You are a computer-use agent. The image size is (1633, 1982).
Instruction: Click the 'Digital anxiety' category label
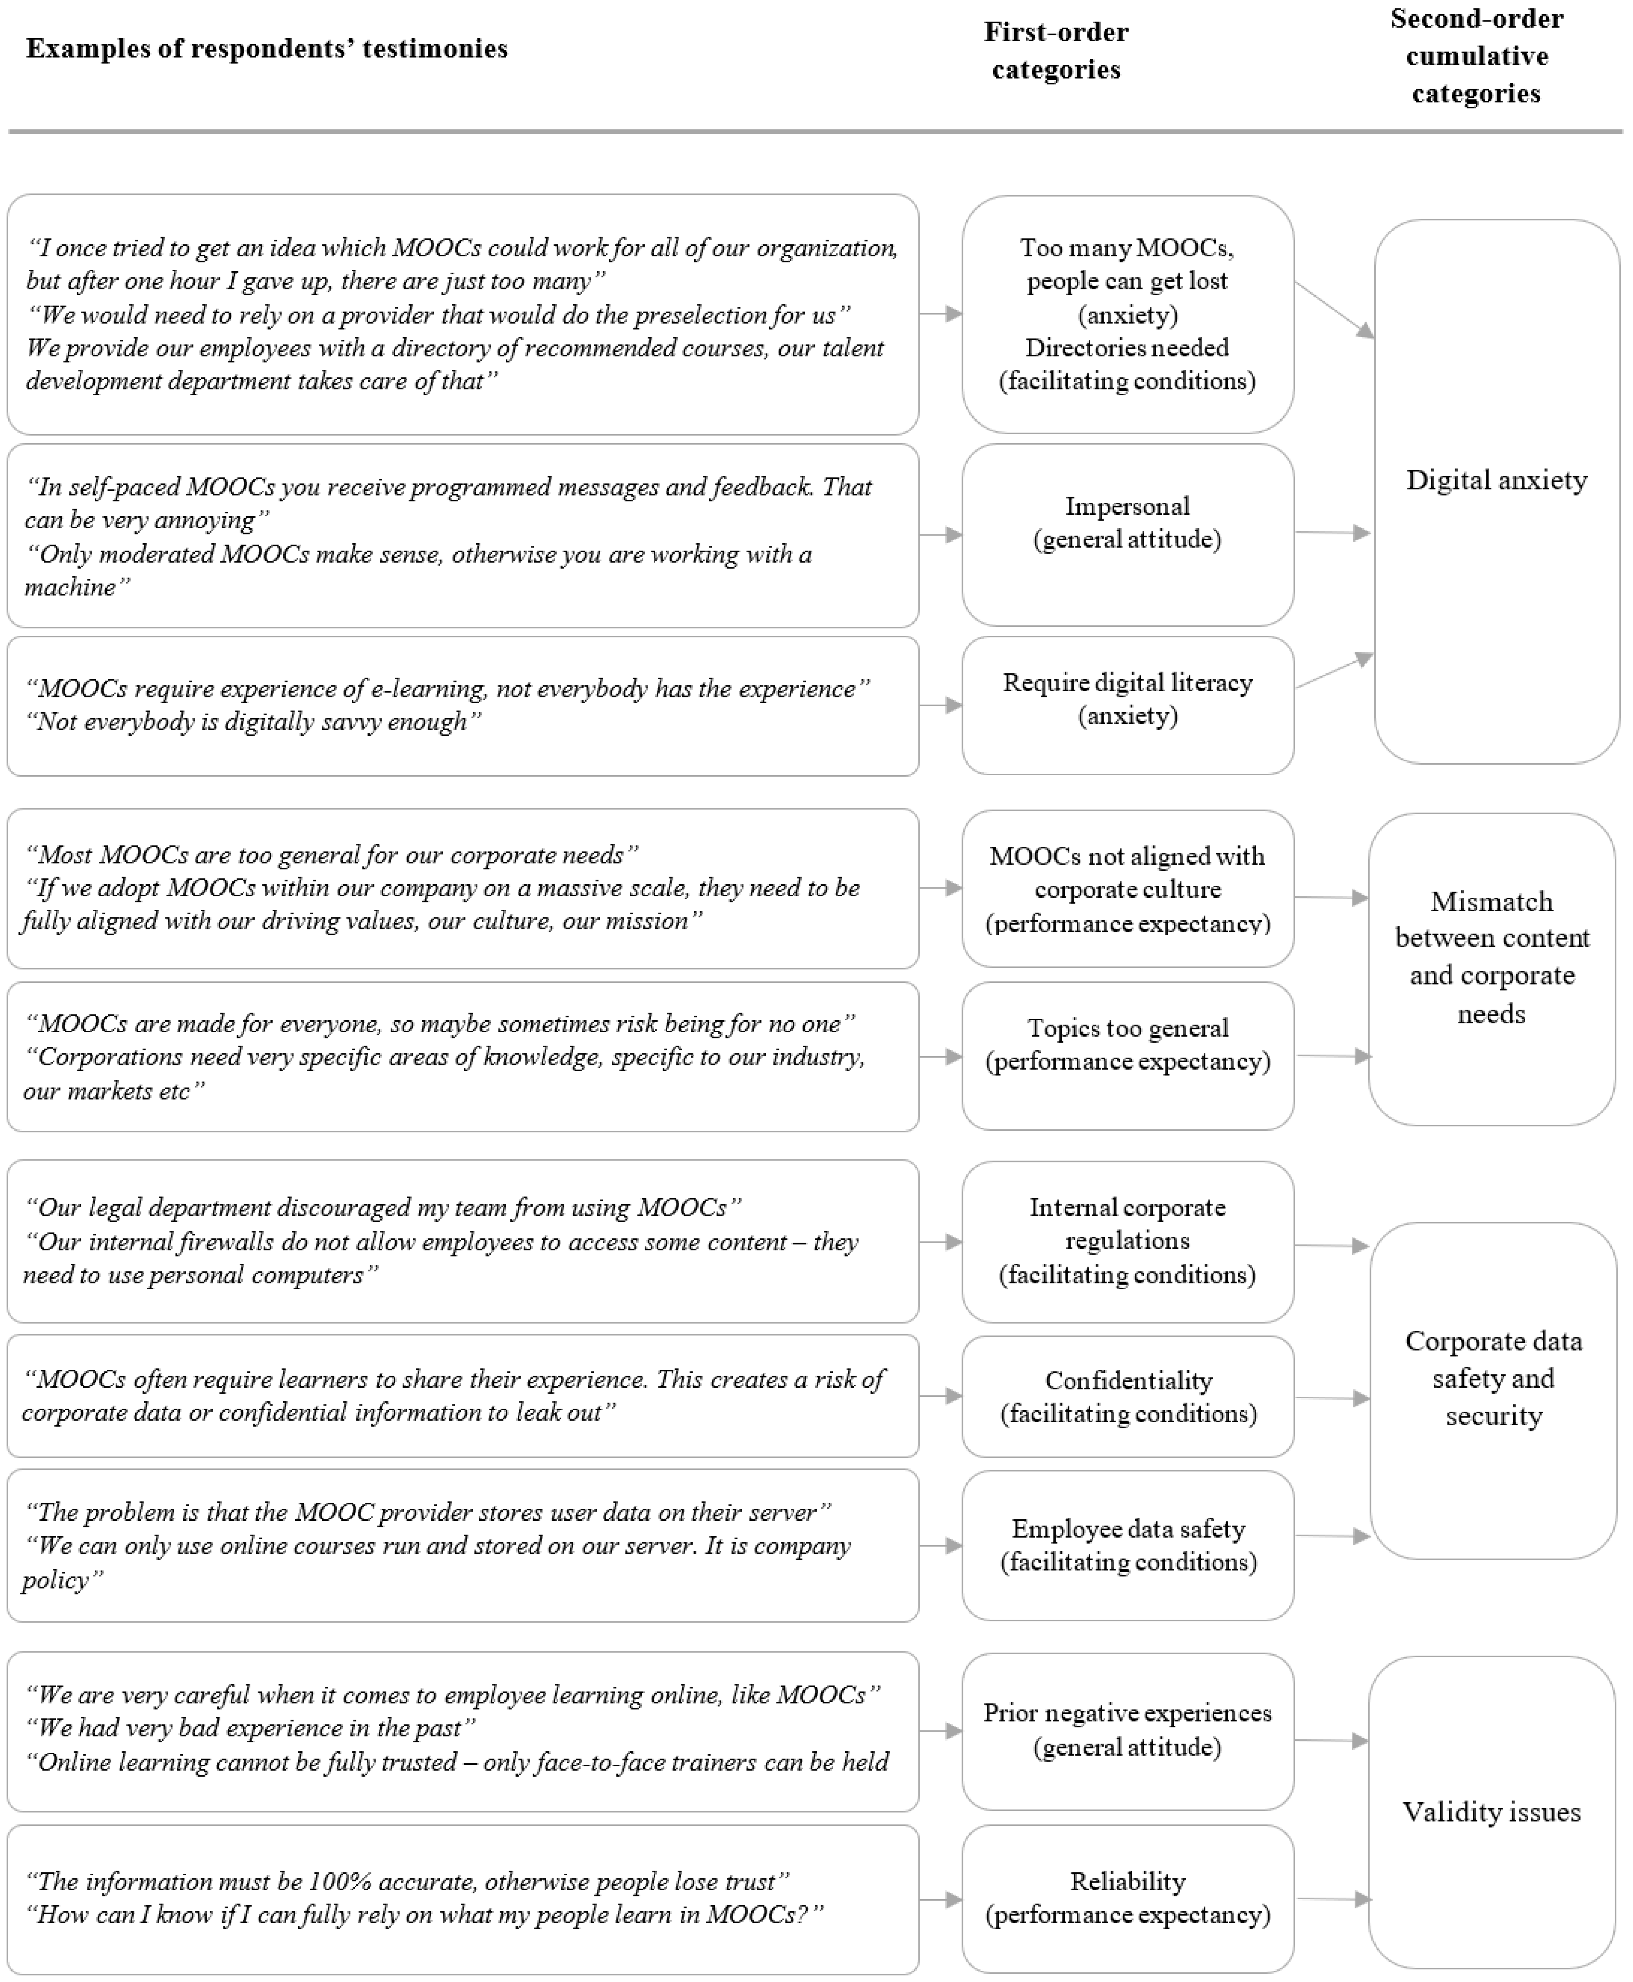(1495, 481)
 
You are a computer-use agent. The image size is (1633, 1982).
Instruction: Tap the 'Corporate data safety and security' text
(1493, 1378)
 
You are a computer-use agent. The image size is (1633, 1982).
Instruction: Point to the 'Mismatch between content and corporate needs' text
(1492, 957)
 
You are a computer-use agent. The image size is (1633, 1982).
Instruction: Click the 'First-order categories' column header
(1056, 51)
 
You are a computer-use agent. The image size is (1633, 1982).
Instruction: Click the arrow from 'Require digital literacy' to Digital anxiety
(1334, 672)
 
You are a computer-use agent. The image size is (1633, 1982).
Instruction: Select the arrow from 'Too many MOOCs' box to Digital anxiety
(1334, 309)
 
